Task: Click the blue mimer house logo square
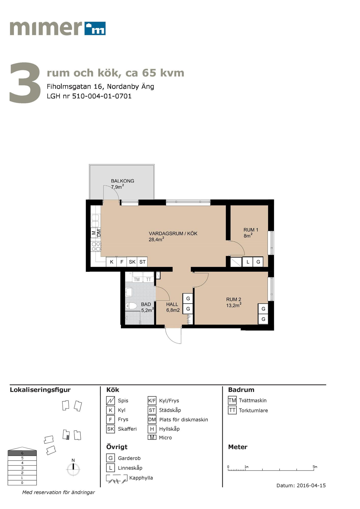[95, 28]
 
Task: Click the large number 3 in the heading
[25, 83]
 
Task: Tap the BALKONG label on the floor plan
[122, 181]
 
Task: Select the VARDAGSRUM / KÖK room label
[173, 233]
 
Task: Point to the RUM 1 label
[251, 230]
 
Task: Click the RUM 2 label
[233, 300]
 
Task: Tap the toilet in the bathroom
[131, 306]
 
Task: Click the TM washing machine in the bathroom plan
[137, 279]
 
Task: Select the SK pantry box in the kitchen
[132, 262]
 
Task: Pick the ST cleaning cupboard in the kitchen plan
[142, 262]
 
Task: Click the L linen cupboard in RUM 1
[248, 262]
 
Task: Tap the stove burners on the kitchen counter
[96, 246]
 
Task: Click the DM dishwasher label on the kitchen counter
[99, 233]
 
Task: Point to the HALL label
[172, 304]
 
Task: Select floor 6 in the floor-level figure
[22, 453]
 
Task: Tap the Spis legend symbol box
[110, 401]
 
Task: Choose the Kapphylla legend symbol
[117, 478]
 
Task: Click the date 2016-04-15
[311, 486]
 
